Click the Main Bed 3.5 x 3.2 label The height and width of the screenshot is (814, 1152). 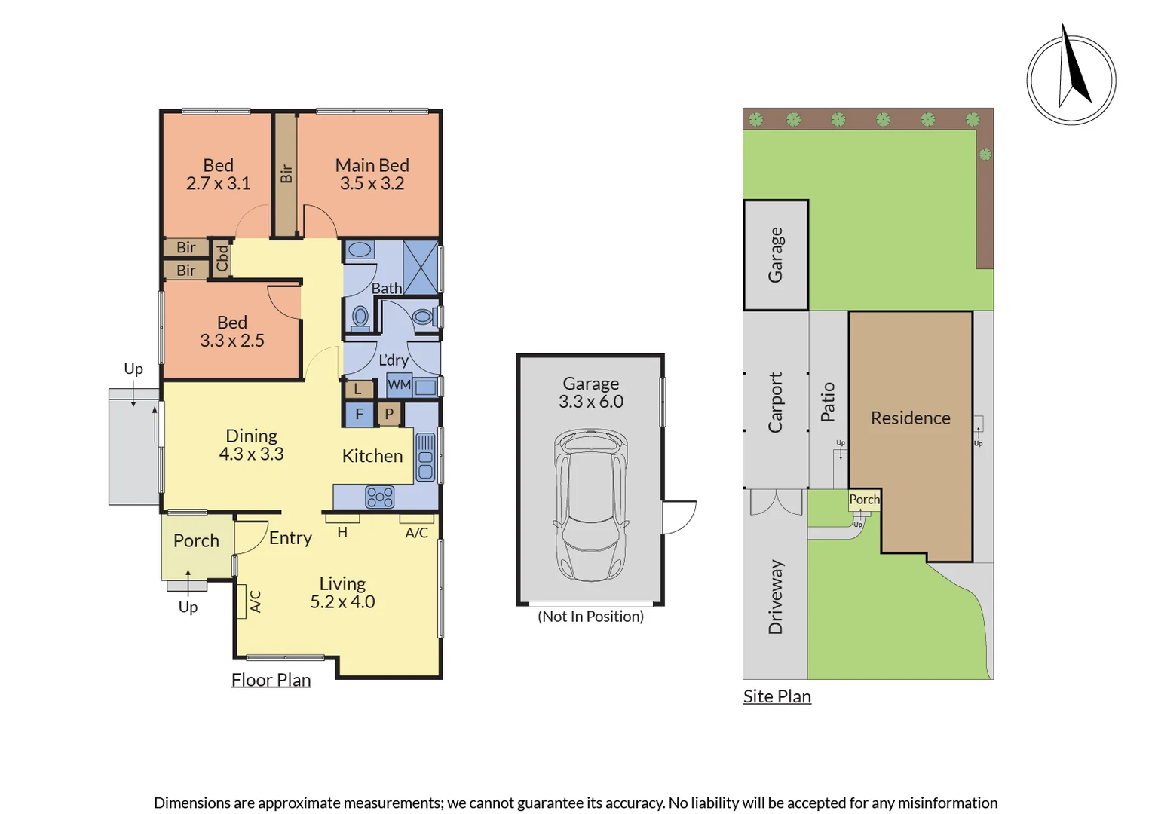[372, 174]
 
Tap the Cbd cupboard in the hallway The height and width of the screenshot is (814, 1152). [222, 258]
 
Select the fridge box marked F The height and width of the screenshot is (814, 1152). [359, 414]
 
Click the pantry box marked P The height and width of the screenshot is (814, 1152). [389, 414]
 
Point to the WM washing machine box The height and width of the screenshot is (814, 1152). [399, 384]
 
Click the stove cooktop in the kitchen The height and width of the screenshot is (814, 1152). [379, 497]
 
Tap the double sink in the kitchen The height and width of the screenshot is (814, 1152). [425, 457]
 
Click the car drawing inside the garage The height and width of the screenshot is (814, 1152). [591, 504]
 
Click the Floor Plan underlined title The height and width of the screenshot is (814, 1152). [271, 680]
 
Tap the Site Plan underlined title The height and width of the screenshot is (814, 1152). [777, 696]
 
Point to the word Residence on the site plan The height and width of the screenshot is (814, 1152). [910, 418]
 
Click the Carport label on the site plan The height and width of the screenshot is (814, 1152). [775, 402]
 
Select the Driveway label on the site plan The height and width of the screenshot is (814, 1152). [775, 597]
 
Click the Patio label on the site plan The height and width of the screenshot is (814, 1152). [828, 402]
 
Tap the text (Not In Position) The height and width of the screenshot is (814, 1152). [590, 616]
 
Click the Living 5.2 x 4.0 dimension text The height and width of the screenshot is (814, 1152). [342, 592]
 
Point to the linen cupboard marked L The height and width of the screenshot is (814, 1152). [358, 389]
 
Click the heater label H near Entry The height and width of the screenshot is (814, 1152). [342, 532]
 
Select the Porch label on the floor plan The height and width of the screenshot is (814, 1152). [197, 540]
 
